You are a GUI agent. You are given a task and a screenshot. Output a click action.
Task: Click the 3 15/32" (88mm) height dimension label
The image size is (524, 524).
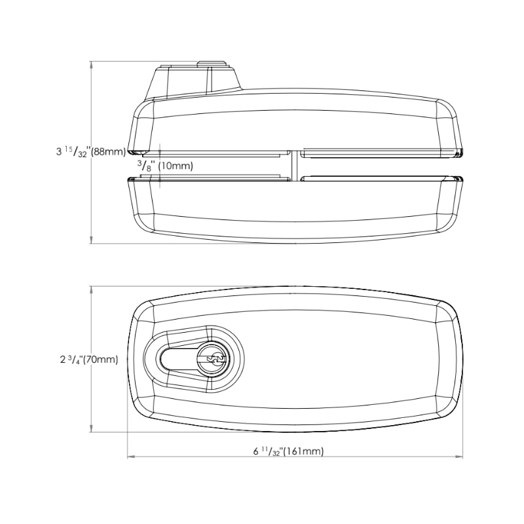tap(90, 151)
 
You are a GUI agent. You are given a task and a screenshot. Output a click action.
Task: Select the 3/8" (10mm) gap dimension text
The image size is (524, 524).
tap(165, 165)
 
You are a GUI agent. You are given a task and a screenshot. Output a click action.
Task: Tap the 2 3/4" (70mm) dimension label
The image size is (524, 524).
tap(89, 360)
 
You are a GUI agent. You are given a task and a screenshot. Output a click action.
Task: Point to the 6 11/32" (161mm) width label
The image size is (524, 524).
tap(288, 451)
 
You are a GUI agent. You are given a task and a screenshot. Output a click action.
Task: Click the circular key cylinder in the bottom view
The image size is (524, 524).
tap(214, 359)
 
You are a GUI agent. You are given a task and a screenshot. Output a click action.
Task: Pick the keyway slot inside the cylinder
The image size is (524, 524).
tap(217, 359)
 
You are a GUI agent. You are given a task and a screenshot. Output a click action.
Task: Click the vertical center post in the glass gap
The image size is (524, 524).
tap(294, 166)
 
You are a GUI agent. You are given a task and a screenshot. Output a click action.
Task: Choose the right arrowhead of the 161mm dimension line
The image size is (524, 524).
tap(460, 456)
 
